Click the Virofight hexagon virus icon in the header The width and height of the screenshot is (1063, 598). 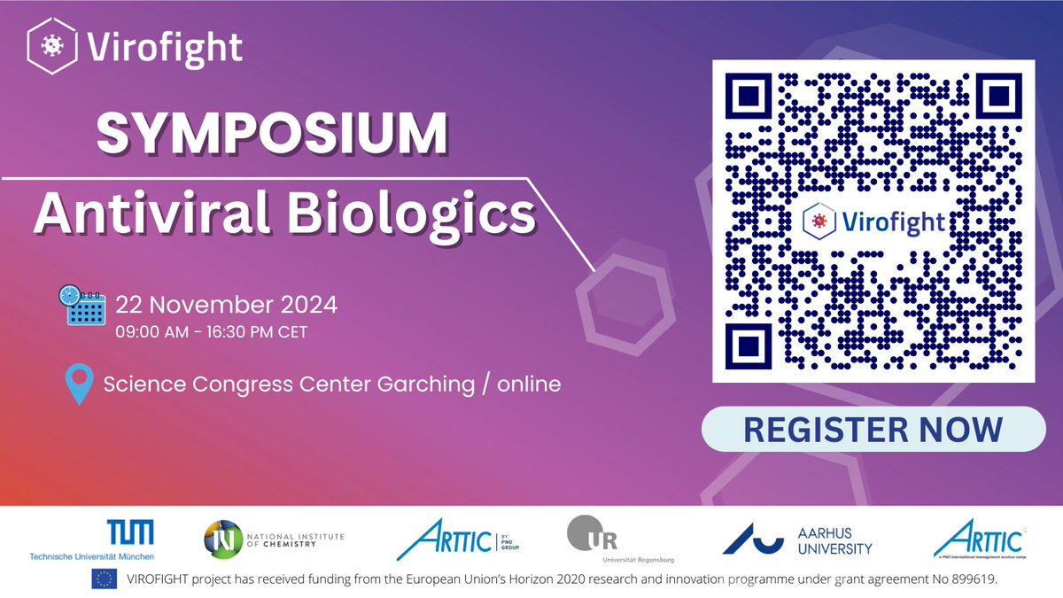point(53,46)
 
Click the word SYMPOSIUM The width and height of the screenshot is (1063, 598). point(272,136)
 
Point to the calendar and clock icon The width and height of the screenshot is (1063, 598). point(81,306)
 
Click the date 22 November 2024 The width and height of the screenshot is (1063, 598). point(226,306)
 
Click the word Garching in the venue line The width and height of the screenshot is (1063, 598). point(418,384)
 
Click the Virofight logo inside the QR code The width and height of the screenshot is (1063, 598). point(874,220)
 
